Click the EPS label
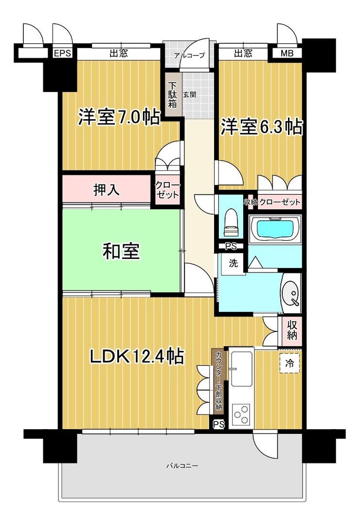coord(62,54)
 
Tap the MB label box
coord(287,54)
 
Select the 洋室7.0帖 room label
coord(119,117)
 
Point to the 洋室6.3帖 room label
coord(262,127)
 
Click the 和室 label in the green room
coord(121,251)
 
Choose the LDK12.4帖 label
coord(136,357)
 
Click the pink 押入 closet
coord(106,190)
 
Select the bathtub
coord(275,228)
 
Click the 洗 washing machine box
coord(234,264)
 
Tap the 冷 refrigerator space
coord(290,362)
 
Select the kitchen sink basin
coord(241,366)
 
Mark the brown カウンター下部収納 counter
coord(219,380)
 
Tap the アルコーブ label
coord(189,55)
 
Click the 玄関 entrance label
coord(189,94)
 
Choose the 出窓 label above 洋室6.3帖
coord(243,54)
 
